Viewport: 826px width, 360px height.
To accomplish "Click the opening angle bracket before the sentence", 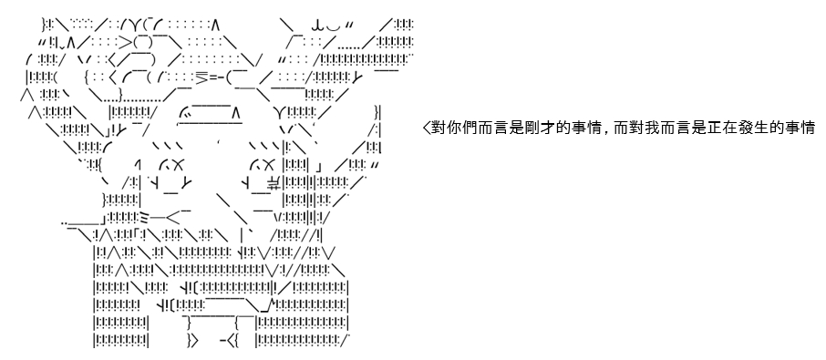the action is (x=427, y=128).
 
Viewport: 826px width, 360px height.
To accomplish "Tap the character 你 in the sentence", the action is (x=449, y=128).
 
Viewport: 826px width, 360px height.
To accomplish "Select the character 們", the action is (x=460, y=128).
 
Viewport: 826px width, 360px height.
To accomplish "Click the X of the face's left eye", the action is (x=178, y=166).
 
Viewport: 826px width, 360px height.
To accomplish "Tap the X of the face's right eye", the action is (x=268, y=166).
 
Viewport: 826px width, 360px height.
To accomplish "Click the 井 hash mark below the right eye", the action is (x=274, y=182).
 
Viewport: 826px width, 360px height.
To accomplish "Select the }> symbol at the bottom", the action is (x=192, y=341).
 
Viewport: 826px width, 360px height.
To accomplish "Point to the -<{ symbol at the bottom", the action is (x=231, y=341).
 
